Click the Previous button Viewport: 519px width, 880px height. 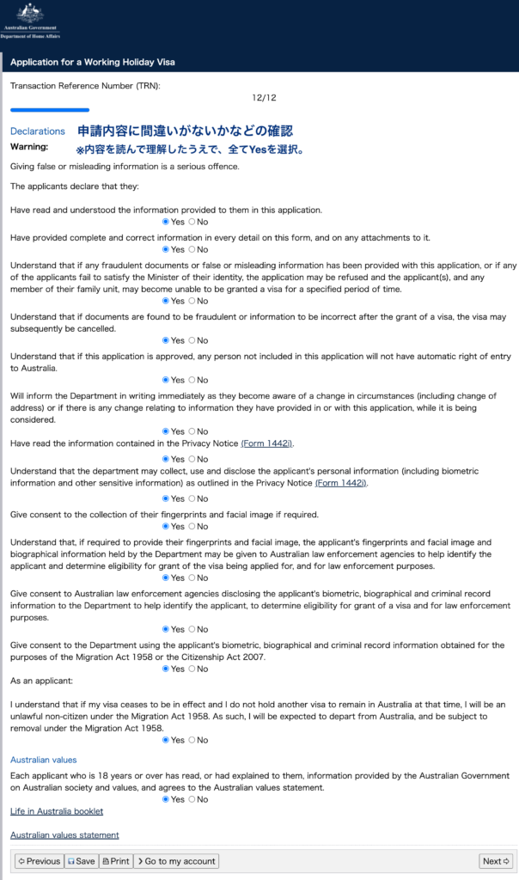[39, 861]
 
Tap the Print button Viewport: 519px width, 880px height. [115, 861]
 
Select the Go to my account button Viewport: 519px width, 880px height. [176, 861]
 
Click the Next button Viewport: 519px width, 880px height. [496, 861]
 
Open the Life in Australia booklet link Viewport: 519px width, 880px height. [57, 811]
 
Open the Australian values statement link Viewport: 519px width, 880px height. [64, 834]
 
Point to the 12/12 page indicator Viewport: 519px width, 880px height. [265, 99]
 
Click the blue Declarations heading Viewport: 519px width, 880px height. [37, 131]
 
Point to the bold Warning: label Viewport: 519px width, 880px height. [29, 147]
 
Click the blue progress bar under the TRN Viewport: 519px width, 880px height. [50, 110]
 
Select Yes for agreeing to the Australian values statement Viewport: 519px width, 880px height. [166, 799]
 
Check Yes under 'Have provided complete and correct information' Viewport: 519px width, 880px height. [166, 249]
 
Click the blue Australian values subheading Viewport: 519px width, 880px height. [43, 760]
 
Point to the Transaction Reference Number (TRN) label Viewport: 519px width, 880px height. [85, 86]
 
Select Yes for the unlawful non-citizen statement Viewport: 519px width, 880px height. [166, 740]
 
